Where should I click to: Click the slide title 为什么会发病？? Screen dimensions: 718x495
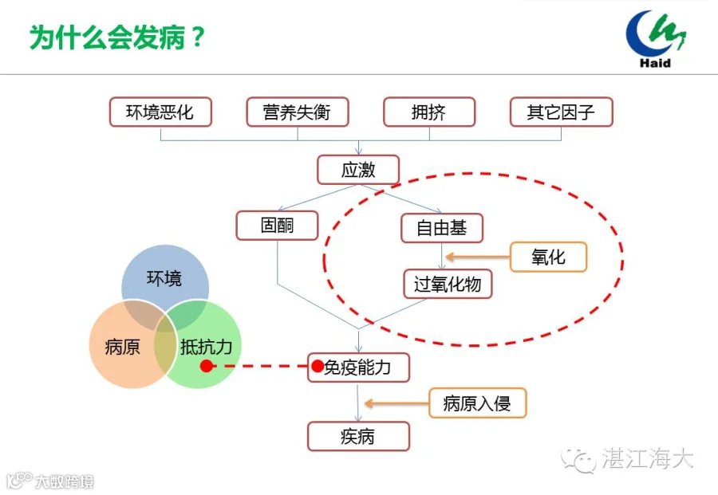point(117,37)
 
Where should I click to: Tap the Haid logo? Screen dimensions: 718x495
point(656,39)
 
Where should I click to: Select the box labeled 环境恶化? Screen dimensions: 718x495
point(160,112)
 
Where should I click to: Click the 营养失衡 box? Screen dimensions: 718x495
point(298,112)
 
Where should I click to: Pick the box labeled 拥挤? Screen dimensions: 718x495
point(429,112)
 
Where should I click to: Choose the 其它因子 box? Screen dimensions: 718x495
point(561,112)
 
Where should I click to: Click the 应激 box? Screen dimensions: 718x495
point(358,171)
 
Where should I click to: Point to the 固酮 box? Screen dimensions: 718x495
point(277,226)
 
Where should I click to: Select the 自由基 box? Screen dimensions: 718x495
point(442,228)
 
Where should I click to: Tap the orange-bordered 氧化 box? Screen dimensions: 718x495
point(548,257)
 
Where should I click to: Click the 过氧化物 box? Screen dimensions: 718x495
point(448,284)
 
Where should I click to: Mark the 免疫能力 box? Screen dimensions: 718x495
point(358,367)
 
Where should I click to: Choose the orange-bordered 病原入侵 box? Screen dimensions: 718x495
point(477,403)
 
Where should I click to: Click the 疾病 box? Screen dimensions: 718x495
point(358,437)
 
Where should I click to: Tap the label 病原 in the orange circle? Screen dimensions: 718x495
point(122,348)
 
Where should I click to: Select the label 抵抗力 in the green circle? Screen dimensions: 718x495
point(206,348)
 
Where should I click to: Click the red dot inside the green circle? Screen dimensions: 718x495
point(207,366)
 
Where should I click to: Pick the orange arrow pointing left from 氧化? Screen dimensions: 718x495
point(478,257)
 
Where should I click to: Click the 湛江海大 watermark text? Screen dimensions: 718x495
point(647,458)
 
